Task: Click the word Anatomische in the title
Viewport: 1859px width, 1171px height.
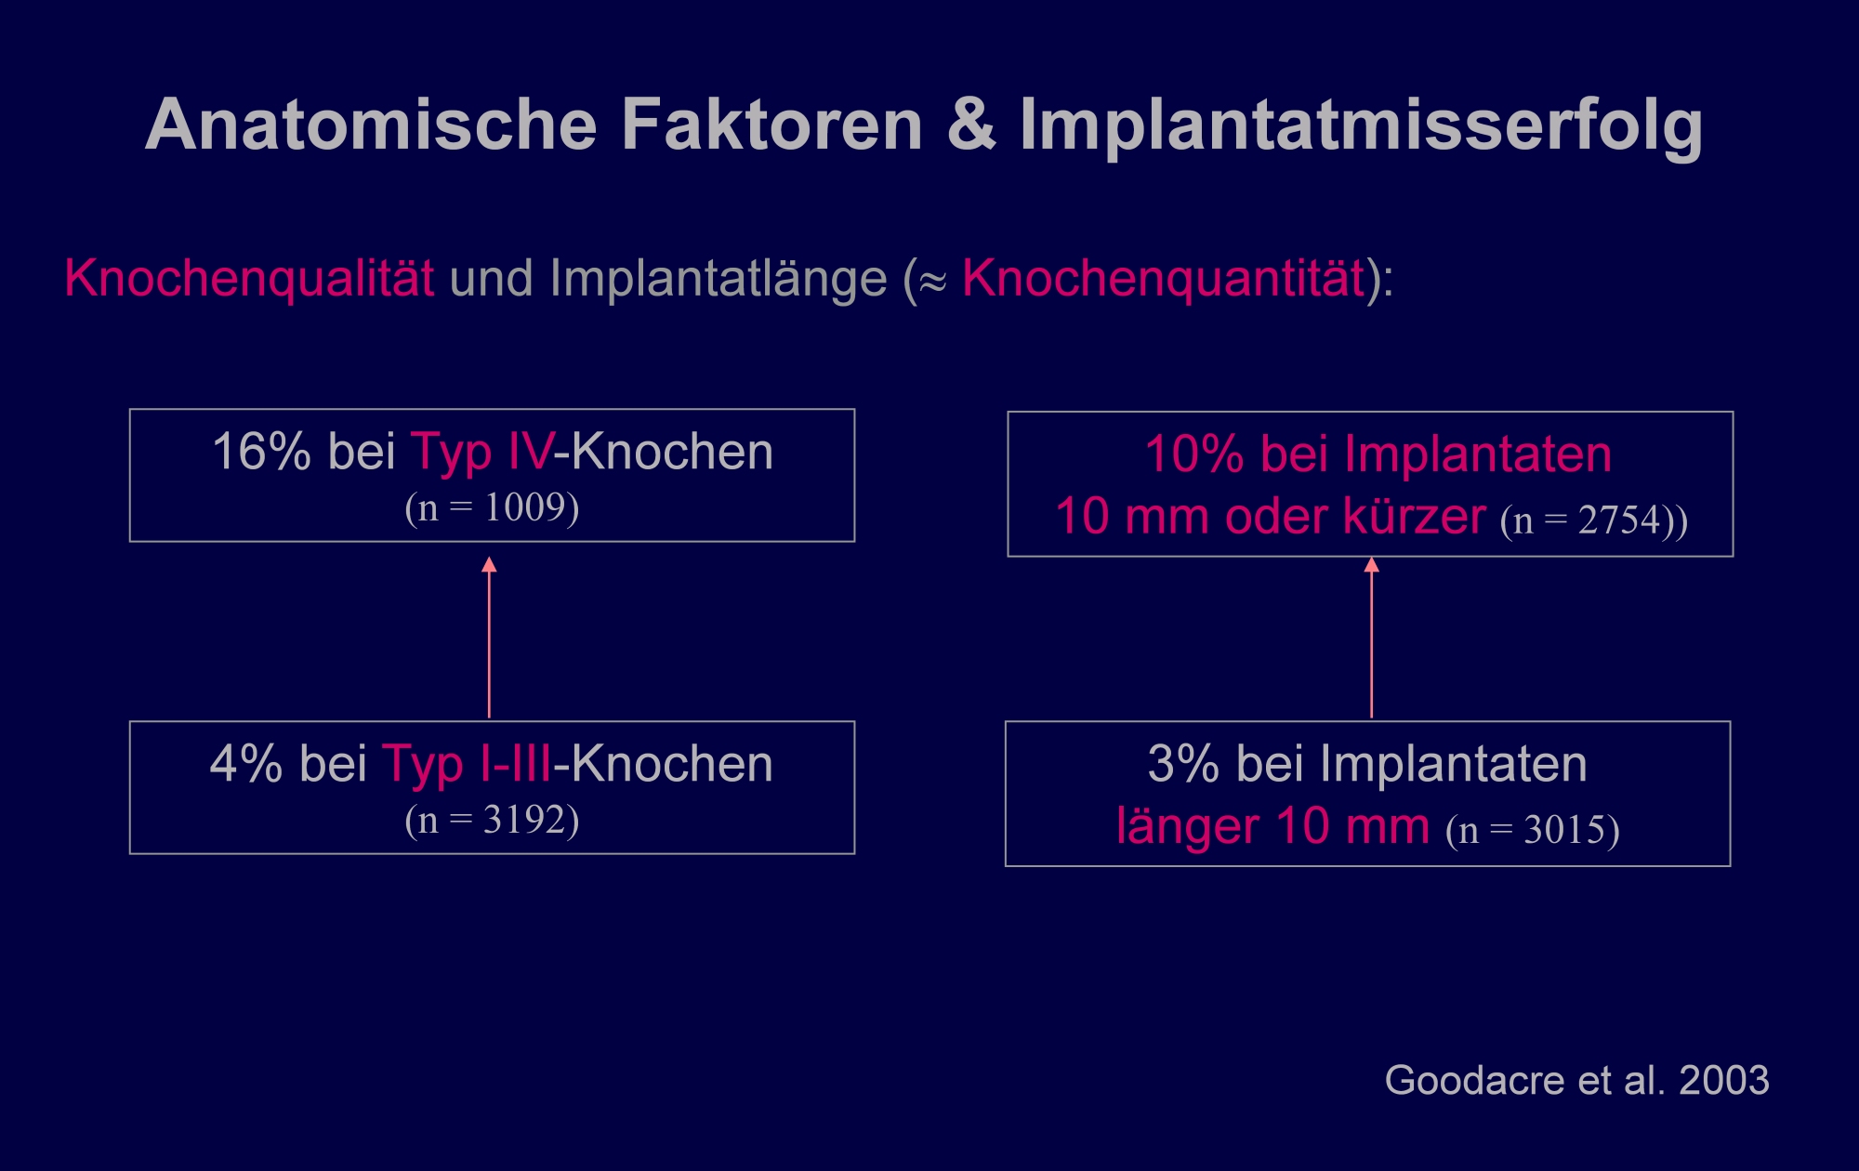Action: pyautogui.click(x=371, y=125)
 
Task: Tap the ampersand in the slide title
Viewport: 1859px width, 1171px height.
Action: pyautogui.click(x=971, y=125)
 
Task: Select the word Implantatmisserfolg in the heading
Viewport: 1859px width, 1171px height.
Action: pyautogui.click(x=1362, y=128)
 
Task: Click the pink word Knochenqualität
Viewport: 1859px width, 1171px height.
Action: pyautogui.click(x=249, y=279)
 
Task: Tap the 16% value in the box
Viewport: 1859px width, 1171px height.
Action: pyautogui.click(x=262, y=452)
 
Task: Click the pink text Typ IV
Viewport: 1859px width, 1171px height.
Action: pyautogui.click(x=482, y=454)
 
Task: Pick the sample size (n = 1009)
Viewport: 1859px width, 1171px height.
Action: pyautogui.click(x=492, y=507)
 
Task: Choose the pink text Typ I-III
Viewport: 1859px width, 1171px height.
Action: pyautogui.click(x=467, y=766)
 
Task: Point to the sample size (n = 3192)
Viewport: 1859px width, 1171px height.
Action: pyautogui.click(x=492, y=820)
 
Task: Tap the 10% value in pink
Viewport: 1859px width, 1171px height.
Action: pyautogui.click(x=1194, y=454)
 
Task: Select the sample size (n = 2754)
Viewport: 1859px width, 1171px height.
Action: pyautogui.click(x=1587, y=520)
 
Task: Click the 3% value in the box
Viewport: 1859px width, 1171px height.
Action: pyautogui.click(x=1183, y=764)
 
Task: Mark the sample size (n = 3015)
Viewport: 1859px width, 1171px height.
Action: pyautogui.click(x=1533, y=830)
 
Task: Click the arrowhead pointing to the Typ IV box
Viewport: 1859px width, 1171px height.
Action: pyautogui.click(x=489, y=564)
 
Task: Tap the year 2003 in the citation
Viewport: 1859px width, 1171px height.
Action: pyautogui.click(x=1724, y=1080)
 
